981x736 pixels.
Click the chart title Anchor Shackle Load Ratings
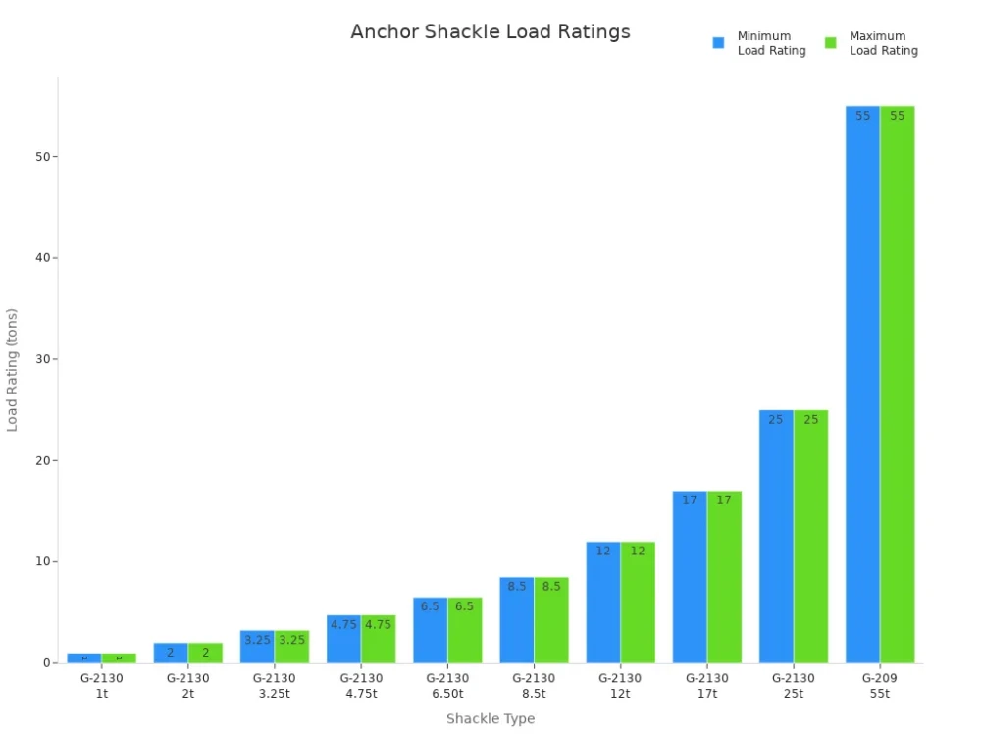click(490, 31)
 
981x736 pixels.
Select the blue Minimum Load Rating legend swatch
click(718, 43)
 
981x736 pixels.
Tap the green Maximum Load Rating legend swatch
click(830, 43)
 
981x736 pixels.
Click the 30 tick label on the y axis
click(44, 359)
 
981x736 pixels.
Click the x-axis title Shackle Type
click(490, 719)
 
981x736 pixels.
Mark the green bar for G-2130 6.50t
click(465, 630)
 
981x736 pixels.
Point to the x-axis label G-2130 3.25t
click(275, 685)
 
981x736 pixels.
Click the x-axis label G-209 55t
click(880, 685)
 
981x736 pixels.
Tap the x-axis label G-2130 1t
click(102, 685)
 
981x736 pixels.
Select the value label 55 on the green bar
click(897, 116)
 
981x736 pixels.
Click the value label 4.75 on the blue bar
click(343, 624)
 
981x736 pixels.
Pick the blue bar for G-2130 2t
click(171, 654)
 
